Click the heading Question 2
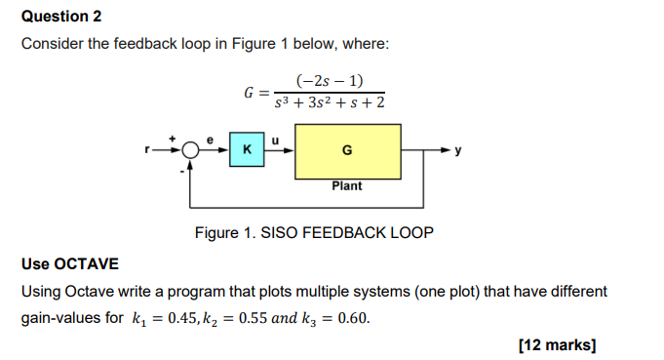point(61,17)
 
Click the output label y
point(471,152)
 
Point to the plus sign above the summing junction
point(176,139)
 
